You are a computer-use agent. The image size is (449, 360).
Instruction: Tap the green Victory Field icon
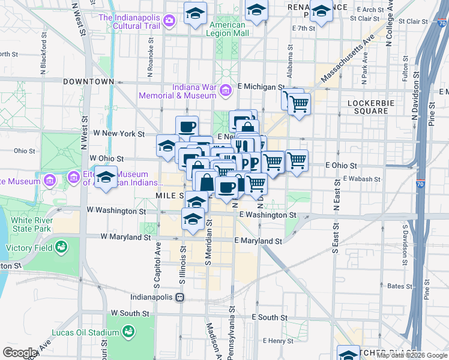(61, 247)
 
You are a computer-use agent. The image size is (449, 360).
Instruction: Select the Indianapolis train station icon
(179, 297)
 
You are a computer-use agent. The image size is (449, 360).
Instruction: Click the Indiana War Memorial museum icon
(226, 91)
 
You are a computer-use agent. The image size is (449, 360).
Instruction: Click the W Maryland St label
(125, 237)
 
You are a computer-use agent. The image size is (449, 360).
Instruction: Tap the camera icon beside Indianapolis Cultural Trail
(169, 21)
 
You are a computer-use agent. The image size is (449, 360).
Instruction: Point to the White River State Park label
(31, 224)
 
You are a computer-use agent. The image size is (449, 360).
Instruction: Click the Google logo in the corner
(19, 353)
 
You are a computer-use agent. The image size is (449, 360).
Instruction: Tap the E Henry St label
(277, 340)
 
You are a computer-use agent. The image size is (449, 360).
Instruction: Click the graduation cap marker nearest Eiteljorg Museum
(106, 178)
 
